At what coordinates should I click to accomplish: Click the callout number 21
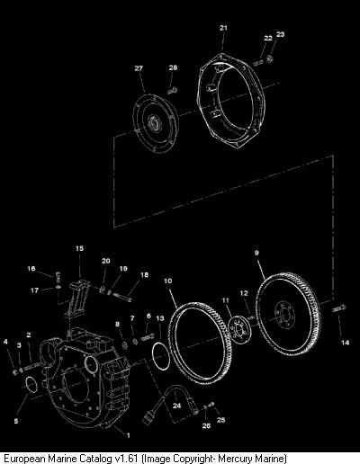pyautogui.click(x=223, y=28)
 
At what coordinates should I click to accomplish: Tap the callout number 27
pyautogui.click(x=139, y=68)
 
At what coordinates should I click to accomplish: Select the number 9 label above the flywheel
pyautogui.click(x=256, y=253)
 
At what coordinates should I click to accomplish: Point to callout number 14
pyautogui.click(x=345, y=343)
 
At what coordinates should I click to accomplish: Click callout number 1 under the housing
pyautogui.click(x=129, y=435)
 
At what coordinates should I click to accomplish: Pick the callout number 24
pyautogui.click(x=176, y=406)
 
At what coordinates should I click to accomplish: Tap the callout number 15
pyautogui.click(x=79, y=248)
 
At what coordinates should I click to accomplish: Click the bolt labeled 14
pyautogui.click(x=339, y=308)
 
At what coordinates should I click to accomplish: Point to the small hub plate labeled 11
pyautogui.click(x=239, y=330)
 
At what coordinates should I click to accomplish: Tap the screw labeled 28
pyautogui.click(x=173, y=90)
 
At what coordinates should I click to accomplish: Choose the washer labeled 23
pyautogui.click(x=269, y=58)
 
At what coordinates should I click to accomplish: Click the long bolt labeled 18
pyautogui.click(x=122, y=297)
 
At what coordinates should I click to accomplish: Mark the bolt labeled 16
pyautogui.click(x=58, y=276)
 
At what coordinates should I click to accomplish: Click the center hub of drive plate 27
pyautogui.click(x=156, y=122)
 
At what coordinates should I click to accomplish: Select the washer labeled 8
pyautogui.click(x=124, y=345)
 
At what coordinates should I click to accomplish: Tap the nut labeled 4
pyautogui.click(x=15, y=372)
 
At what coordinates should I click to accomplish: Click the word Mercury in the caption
pyautogui.click(x=235, y=459)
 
